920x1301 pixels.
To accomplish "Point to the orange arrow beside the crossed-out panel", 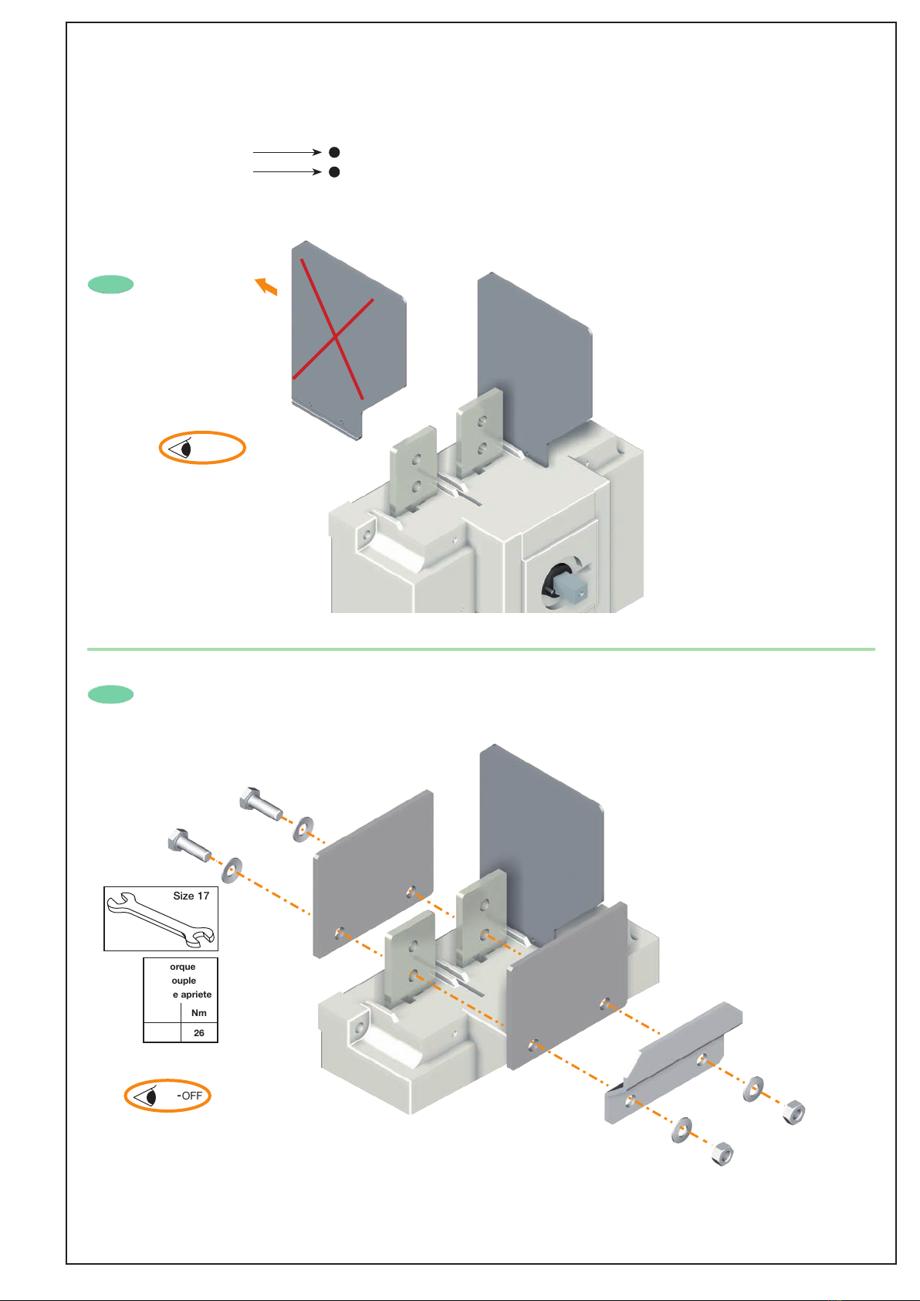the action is pyautogui.click(x=266, y=286).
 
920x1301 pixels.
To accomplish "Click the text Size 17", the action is pyautogui.click(x=191, y=896).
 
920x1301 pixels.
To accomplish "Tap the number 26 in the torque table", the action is pyautogui.click(x=199, y=1032).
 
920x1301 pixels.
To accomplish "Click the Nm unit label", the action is pyautogui.click(x=199, y=1012).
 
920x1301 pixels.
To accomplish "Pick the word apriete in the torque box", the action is pyautogui.click(x=196, y=994).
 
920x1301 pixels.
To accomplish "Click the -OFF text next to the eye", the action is pyautogui.click(x=190, y=1096).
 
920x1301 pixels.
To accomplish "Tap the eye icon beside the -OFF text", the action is pyautogui.click(x=144, y=1096).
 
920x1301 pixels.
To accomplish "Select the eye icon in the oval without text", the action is pyautogui.click(x=180, y=449).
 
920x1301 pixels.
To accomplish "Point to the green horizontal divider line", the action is pyautogui.click(x=481, y=649).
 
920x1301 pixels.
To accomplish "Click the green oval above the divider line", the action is pyautogui.click(x=111, y=285).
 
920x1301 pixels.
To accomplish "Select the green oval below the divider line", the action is pyautogui.click(x=111, y=694).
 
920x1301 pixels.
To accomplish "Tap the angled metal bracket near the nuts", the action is pyautogui.click(x=673, y=1063).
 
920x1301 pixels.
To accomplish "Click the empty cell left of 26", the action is pyautogui.click(x=163, y=1032).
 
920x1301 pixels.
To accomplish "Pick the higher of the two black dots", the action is pyautogui.click(x=334, y=152).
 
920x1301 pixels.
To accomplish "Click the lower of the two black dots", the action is pyautogui.click(x=334, y=172).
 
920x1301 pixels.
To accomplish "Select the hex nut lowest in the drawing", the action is pyautogui.click(x=722, y=1154).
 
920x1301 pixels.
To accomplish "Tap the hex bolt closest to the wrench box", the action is pyautogui.click(x=188, y=846).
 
